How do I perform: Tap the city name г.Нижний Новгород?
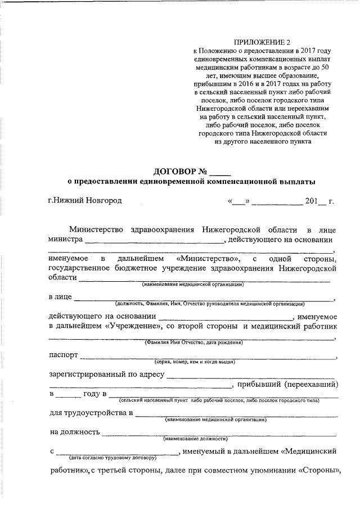(84, 200)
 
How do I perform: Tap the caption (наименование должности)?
(195, 438)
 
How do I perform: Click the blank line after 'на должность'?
(219, 433)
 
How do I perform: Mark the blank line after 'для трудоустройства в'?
(236, 415)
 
